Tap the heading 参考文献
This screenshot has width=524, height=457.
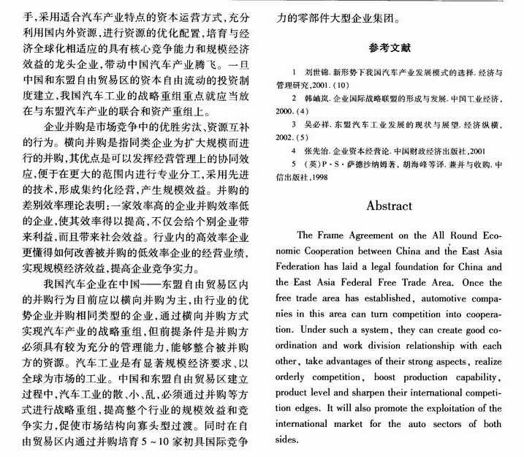click(x=390, y=49)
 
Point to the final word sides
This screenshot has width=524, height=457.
click(x=286, y=439)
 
